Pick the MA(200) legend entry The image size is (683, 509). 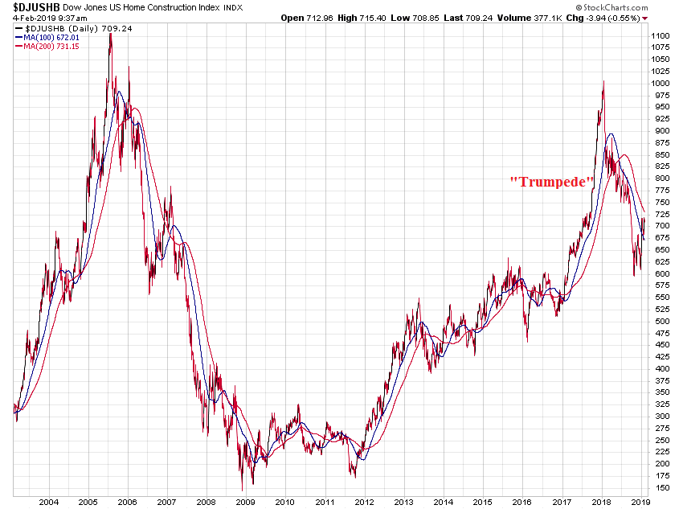[45, 46]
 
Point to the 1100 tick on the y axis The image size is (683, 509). [661, 36]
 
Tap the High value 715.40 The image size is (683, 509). [377, 17]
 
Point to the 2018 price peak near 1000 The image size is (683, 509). [603, 81]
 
